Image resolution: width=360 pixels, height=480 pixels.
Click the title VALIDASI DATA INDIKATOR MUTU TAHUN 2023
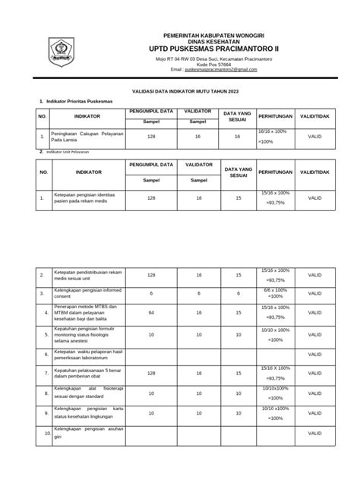(180, 89)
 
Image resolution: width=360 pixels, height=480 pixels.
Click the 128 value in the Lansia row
(151, 136)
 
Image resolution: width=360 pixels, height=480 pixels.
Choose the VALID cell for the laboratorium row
(314, 354)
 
